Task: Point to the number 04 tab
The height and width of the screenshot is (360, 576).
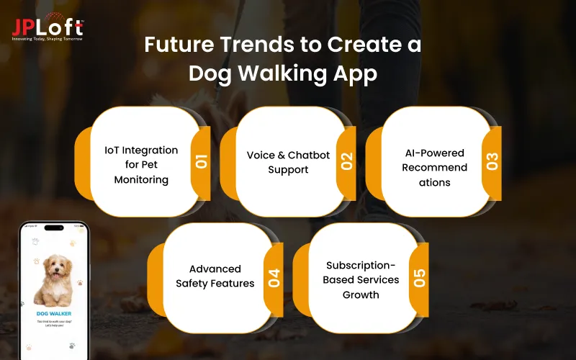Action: pos(274,277)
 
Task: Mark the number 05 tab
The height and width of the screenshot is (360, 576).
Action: pos(419,277)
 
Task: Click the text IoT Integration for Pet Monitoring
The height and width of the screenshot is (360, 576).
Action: pos(141,165)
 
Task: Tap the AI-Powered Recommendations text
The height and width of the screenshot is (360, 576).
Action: pos(434,168)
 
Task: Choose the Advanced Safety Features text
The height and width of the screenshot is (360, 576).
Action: pos(215,276)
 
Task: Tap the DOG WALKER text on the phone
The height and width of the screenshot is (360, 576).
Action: pos(53,314)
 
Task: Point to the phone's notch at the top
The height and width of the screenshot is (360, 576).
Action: pos(54,228)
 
